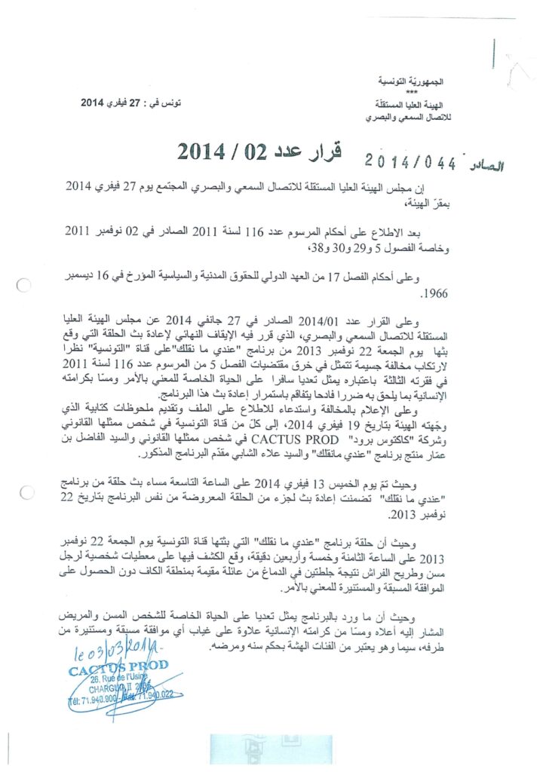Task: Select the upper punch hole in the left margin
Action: [x=23, y=285]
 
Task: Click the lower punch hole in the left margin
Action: [x=28, y=493]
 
